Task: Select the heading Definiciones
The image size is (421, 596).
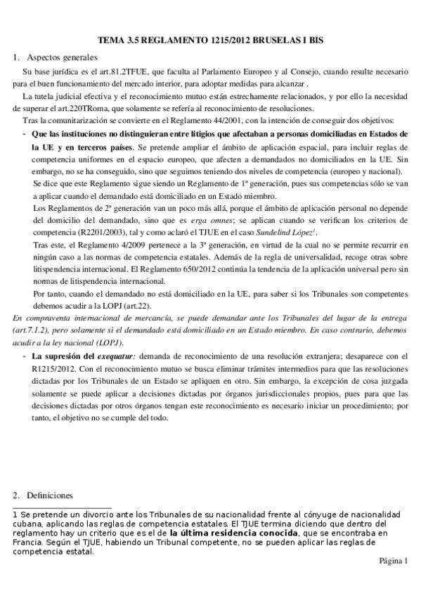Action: click(x=48, y=495)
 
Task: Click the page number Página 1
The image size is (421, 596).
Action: click(x=393, y=560)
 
